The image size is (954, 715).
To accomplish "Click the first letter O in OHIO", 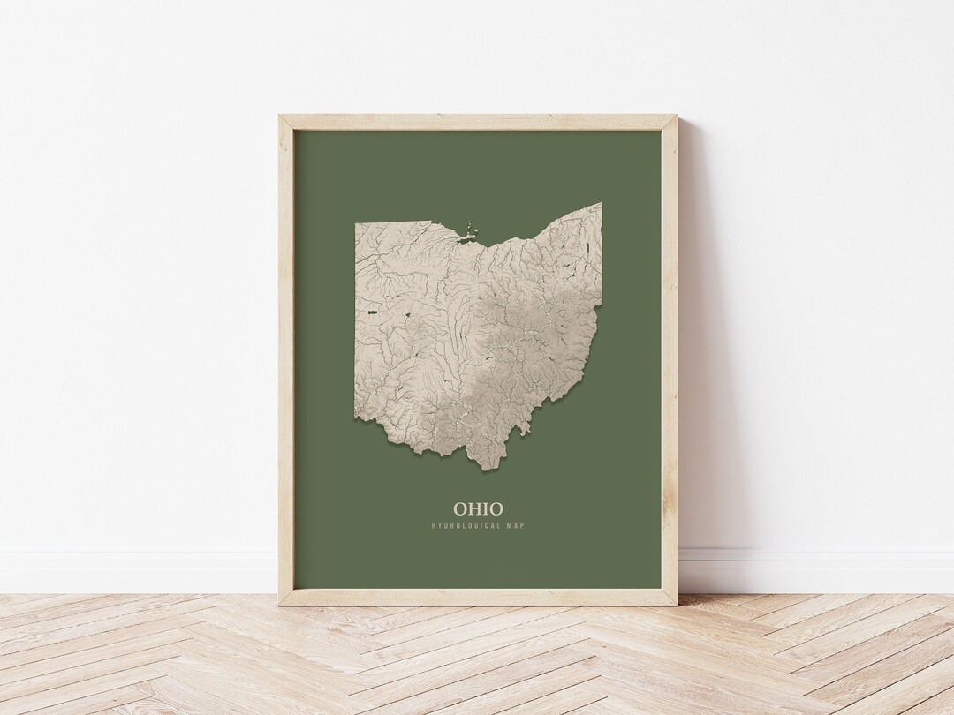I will (459, 508).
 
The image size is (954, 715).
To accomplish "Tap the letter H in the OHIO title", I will (474, 508).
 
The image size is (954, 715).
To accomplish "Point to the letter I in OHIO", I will (485, 508).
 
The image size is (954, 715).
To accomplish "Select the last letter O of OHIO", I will (496, 508).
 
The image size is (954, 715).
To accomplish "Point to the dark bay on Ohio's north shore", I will (460, 237).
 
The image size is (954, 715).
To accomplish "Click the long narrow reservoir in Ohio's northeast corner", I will (586, 231).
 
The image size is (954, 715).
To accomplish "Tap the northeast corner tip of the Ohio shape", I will (601, 204).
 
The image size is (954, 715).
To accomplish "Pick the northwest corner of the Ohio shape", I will (357, 223).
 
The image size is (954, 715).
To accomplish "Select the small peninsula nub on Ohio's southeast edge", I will (524, 428).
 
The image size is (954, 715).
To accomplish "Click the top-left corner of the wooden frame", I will (280, 117).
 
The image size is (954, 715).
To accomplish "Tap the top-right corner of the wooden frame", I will (677, 117).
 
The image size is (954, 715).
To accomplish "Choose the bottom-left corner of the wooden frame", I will (280, 604).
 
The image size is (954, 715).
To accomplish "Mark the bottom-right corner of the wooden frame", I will (677, 604).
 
